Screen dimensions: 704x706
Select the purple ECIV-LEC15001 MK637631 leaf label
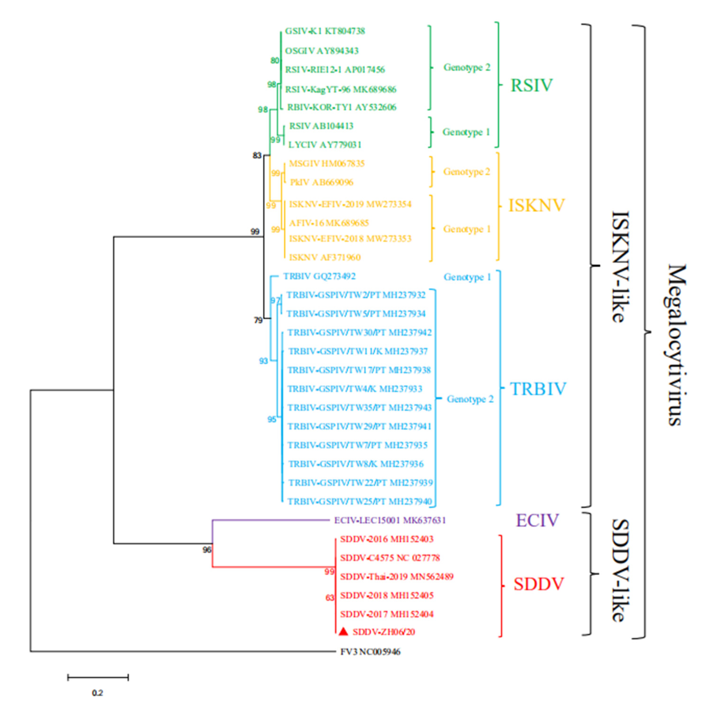[390, 520]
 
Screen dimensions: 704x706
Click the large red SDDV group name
[538, 584]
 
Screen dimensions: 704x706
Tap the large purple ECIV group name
[537, 520]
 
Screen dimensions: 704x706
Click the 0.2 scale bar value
[98, 693]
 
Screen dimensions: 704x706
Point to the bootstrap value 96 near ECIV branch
[207, 550]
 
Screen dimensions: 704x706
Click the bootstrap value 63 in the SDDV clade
[330, 598]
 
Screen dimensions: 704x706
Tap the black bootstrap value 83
[257, 156]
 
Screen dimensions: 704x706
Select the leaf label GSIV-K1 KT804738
[325, 31]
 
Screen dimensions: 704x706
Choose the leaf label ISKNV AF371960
[325, 257]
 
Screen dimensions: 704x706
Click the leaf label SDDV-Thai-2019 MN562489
[397, 576]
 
